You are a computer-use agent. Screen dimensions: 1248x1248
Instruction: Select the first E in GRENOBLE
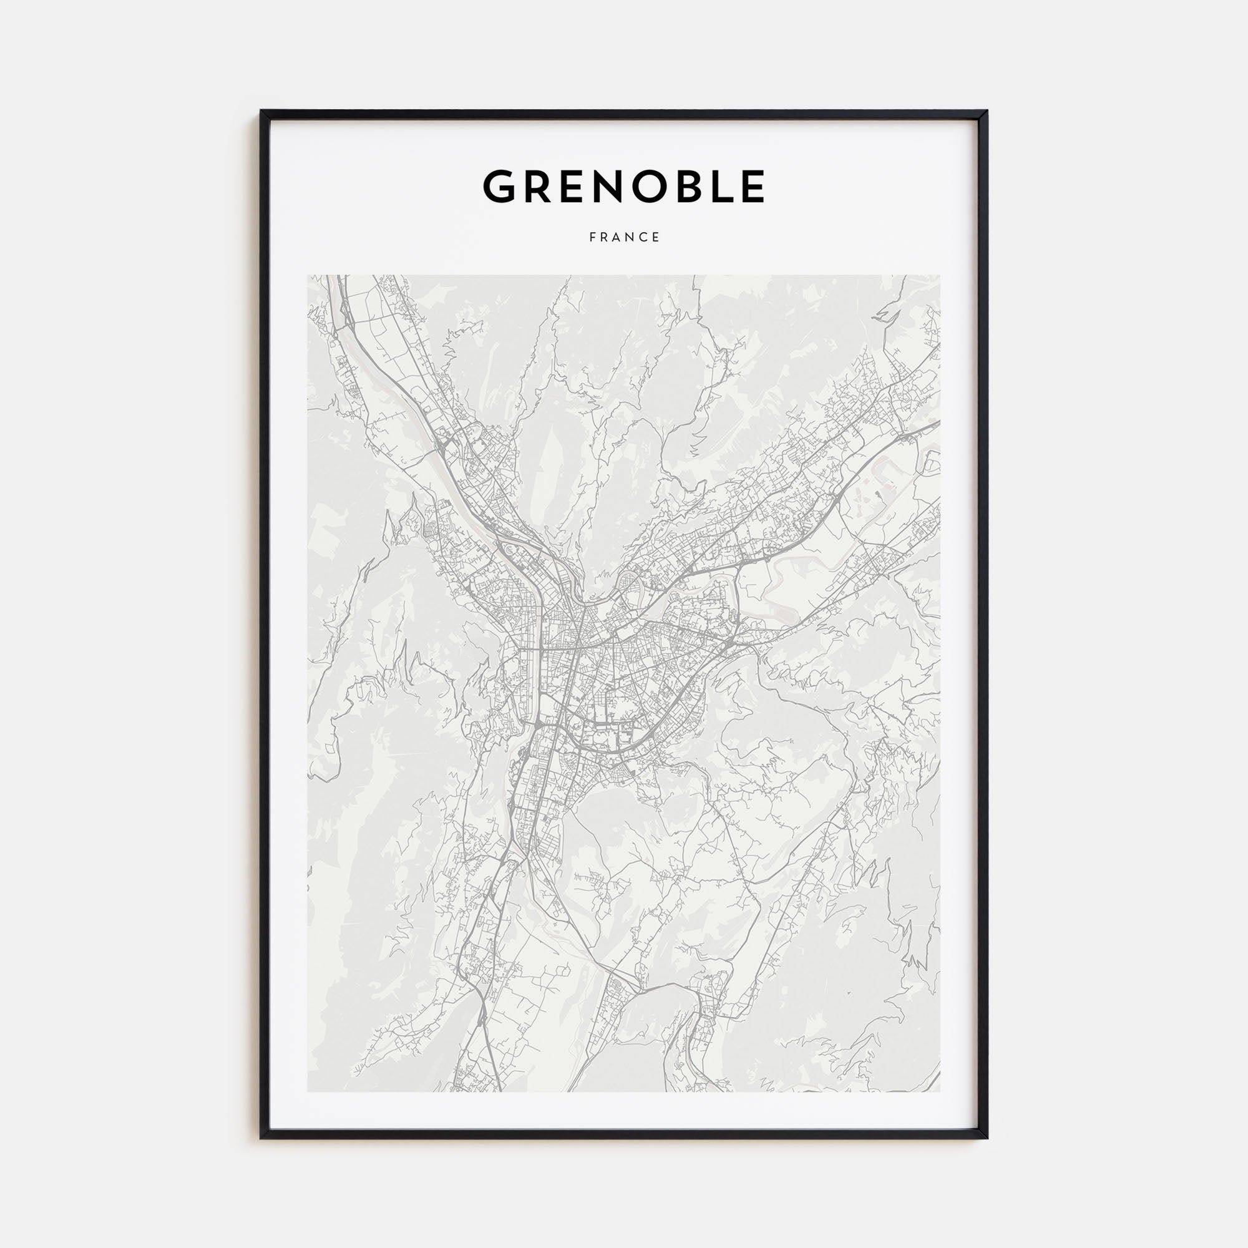[574, 187]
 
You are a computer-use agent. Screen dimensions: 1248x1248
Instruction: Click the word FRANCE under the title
[624, 238]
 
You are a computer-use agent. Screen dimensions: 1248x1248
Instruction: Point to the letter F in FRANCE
[592, 238]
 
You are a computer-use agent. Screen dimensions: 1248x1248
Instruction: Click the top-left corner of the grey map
[308, 276]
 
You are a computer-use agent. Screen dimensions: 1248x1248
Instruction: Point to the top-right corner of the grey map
[940, 276]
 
